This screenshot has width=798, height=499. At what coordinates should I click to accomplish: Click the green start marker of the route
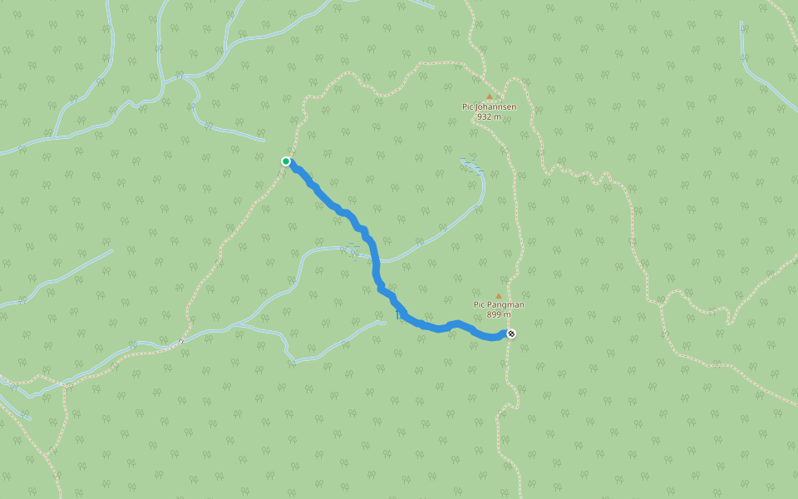[x=286, y=161]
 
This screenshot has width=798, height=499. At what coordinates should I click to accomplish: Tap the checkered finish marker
[x=511, y=334]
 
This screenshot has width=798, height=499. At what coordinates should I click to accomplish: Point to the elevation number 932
[x=484, y=116]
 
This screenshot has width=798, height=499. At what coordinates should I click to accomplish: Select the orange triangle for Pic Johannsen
[x=489, y=96]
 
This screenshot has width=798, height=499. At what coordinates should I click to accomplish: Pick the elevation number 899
[x=494, y=314]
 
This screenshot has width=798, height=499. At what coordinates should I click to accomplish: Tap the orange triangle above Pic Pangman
[x=499, y=295]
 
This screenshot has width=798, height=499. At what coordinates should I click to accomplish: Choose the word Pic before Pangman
[x=480, y=304]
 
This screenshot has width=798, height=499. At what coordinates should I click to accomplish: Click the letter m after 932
[x=498, y=116]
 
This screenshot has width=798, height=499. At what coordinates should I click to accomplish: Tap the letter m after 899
[x=508, y=314]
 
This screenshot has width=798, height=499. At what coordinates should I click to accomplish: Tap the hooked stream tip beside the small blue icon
[x=385, y=323]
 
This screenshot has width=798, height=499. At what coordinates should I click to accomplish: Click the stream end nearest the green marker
[x=264, y=140]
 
